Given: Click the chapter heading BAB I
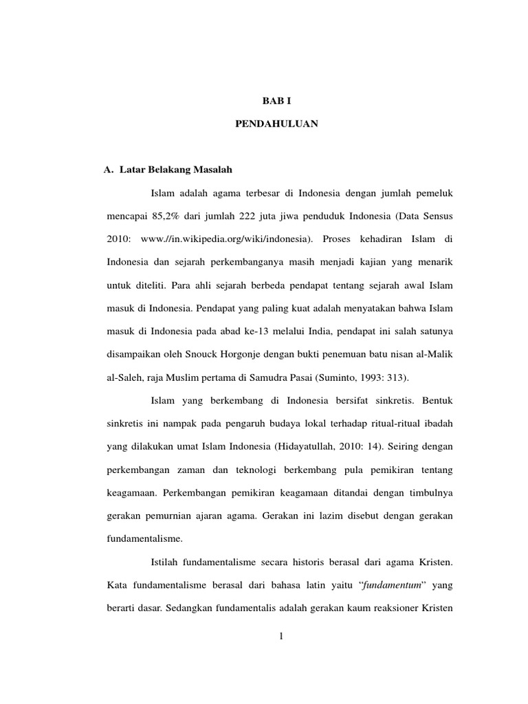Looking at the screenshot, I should [x=272, y=100].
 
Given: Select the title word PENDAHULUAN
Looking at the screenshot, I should [x=272, y=126].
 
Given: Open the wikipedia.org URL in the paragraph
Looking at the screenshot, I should [x=226, y=239].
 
